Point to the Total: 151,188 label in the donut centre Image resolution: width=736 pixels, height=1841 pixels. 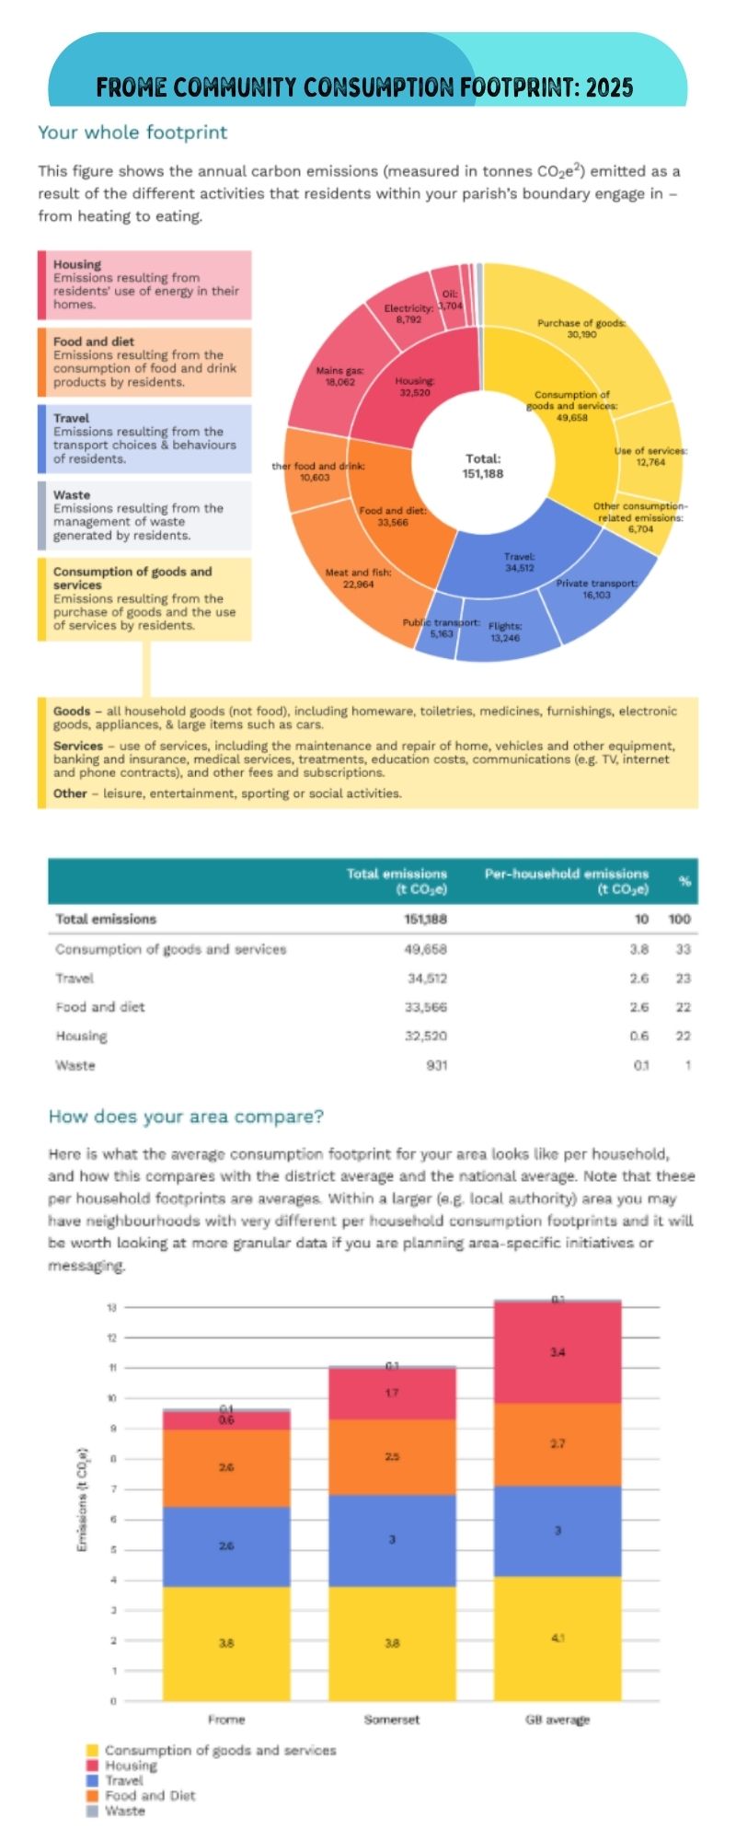pyautogui.click(x=483, y=466)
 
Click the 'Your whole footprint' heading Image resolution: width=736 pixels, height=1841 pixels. pyautogui.click(x=132, y=132)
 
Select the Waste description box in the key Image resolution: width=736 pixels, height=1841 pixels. pyautogui.click(x=145, y=515)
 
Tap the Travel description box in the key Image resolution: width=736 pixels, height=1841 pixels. pyautogui.click(x=145, y=438)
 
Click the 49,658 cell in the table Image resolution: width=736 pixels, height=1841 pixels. pyautogui.click(x=425, y=949)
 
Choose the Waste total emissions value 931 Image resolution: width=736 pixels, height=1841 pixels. pyautogui.click(x=436, y=1065)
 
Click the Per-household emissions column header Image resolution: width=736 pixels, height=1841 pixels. pyautogui.click(x=566, y=881)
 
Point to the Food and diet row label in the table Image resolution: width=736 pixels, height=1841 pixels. pyautogui.click(x=100, y=1007)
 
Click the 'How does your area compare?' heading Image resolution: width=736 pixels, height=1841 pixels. pyautogui.click(x=186, y=1117)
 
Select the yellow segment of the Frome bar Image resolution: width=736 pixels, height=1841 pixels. pyautogui.click(x=226, y=1643)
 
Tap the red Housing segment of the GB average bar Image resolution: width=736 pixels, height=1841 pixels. pyautogui.click(x=558, y=1352)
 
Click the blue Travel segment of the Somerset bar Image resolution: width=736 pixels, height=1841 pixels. pyautogui.click(x=392, y=1539)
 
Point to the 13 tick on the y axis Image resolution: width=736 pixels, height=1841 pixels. pyautogui.click(x=112, y=1307)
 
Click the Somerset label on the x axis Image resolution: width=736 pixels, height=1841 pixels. pyautogui.click(x=392, y=1719)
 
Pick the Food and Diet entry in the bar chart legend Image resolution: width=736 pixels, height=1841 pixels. pyautogui.click(x=149, y=1795)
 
